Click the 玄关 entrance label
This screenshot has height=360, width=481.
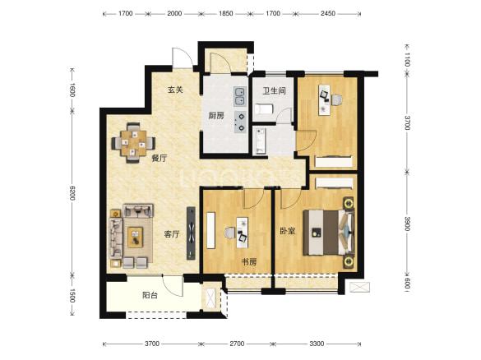175,90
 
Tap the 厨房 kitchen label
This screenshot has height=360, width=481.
216,116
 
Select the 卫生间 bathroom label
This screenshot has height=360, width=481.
275,90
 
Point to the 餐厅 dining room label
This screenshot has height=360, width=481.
160,159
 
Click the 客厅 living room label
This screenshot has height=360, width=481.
172,234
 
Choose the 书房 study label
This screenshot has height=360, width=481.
249,262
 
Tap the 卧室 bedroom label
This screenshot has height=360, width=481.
288,231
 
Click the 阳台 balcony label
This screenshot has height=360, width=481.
150,295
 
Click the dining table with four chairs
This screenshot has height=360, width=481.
133,143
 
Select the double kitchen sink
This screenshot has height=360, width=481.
239,96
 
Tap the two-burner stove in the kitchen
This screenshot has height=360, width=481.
240,122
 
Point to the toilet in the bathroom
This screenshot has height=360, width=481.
264,109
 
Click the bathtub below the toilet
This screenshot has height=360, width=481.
261,141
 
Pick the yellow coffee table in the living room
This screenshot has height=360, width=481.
136,237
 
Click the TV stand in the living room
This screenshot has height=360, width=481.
191,233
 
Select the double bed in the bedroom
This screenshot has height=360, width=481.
329,232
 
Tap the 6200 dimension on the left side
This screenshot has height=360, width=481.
72,193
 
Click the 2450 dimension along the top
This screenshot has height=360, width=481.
328,13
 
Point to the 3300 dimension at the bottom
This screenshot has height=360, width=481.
317,344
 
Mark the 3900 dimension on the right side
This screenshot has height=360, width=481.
407,224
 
